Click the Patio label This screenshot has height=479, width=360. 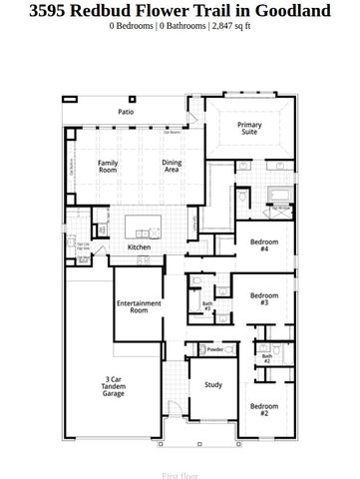pyautogui.click(x=127, y=113)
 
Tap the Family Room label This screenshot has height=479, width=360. pyautogui.click(x=108, y=166)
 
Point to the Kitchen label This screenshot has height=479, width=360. pyautogui.click(x=139, y=247)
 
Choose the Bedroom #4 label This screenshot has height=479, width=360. pyautogui.click(x=264, y=245)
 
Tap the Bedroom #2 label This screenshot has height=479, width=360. pyautogui.click(x=264, y=409)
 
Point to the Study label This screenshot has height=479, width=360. pyautogui.click(x=213, y=384)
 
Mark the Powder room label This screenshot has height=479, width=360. pyautogui.click(x=214, y=349)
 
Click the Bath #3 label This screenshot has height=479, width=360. pyautogui.click(x=207, y=306)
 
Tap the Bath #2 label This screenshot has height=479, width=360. pyautogui.click(x=267, y=358)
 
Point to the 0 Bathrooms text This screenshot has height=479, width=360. pyautogui.click(x=179, y=27)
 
